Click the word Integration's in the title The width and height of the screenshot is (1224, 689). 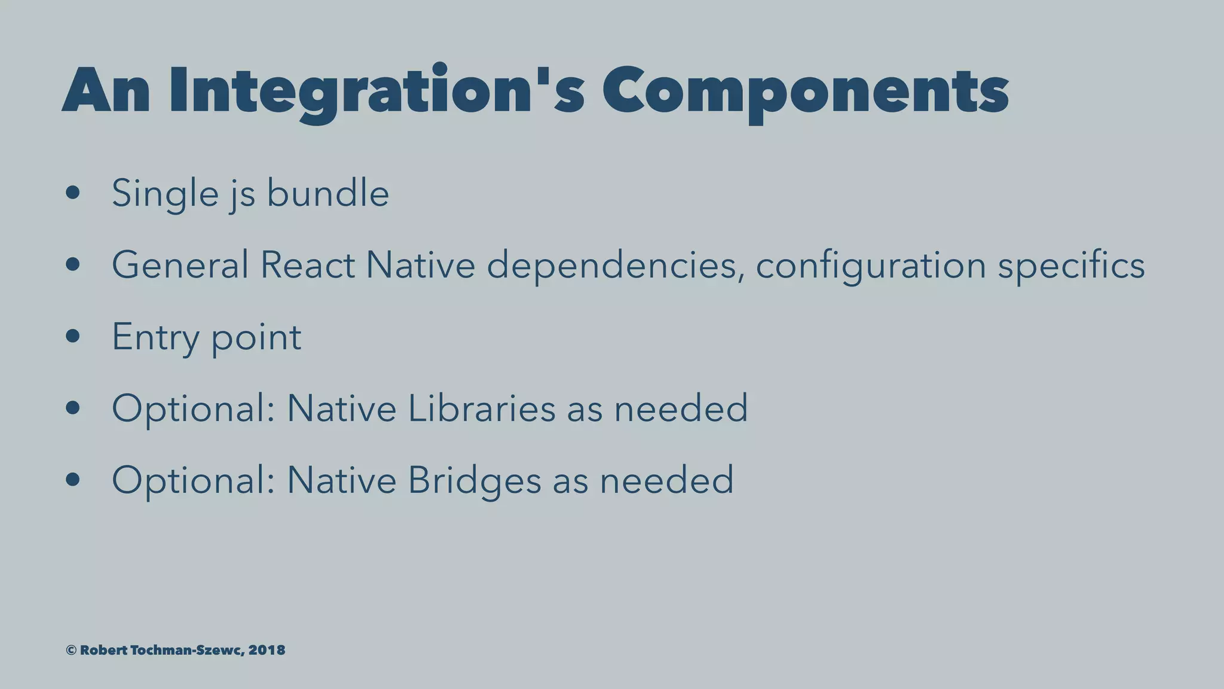(377, 91)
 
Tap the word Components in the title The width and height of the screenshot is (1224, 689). (805, 91)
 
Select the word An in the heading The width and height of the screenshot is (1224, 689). (106, 91)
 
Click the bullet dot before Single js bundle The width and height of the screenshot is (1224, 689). (73, 193)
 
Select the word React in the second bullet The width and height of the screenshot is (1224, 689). (307, 265)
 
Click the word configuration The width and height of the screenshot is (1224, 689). (870, 265)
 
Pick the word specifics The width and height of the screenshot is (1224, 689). (1071, 265)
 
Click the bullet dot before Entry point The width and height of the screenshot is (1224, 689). (73, 337)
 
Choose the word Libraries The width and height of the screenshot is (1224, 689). (482, 408)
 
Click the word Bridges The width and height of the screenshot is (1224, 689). (474, 480)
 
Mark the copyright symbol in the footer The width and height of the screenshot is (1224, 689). (71, 650)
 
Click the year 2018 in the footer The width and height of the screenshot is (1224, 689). (267, 650)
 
